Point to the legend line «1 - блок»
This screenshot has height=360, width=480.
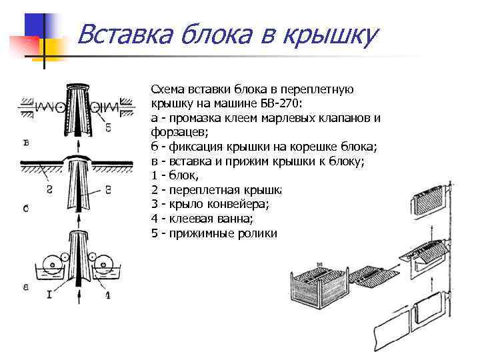pyautogui.click(x=175, y=175)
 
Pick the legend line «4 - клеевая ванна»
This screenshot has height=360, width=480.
pyautogui.click(x=203, y=219)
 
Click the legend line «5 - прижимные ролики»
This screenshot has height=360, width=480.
pyautogui.click(x=213, y=233)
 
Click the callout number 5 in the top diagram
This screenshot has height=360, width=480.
pyautogui.click(x=107, y=127)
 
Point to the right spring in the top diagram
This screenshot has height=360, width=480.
pyautogui.click(x=111, y=106)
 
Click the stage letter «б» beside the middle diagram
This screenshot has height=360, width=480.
pyautogui.click(x=26, y=209)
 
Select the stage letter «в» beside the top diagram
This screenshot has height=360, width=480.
pyautogui.click(x=25, y=142)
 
